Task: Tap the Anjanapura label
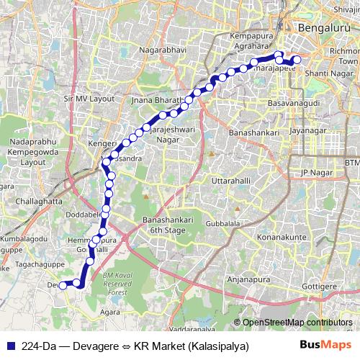point(249,281)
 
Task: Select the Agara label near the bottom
point(111,312)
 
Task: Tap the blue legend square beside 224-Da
point(9,346)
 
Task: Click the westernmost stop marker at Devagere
point(63,285)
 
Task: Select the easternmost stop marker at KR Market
point(296,60)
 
